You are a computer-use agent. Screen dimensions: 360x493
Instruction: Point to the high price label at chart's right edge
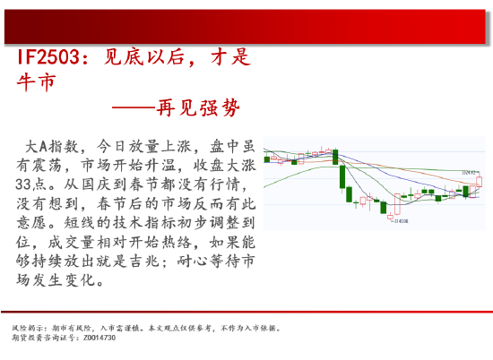467,173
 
